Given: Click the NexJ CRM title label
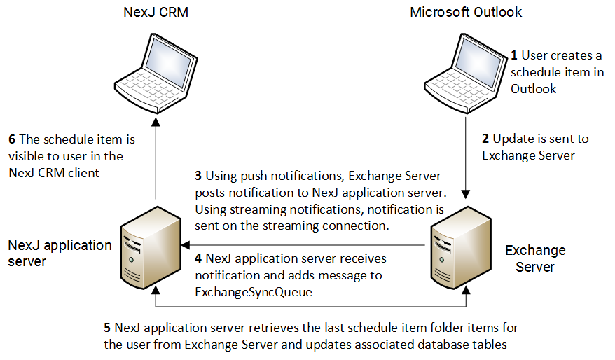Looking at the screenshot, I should tap(155, 13).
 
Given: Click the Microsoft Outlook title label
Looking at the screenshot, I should tap(465, 13).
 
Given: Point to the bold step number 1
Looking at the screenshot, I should tap(513, 55).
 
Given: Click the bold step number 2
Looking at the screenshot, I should tap(486, 139).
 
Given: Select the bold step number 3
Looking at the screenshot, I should tap(198, 175).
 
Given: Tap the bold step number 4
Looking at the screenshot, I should tap(198, 259).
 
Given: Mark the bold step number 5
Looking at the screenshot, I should tap(107, 328).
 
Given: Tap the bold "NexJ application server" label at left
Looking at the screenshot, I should tap(60, 253).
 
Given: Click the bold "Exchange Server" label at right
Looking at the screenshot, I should tap(535, 258).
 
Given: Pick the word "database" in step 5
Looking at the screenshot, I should tap(429, 345).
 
